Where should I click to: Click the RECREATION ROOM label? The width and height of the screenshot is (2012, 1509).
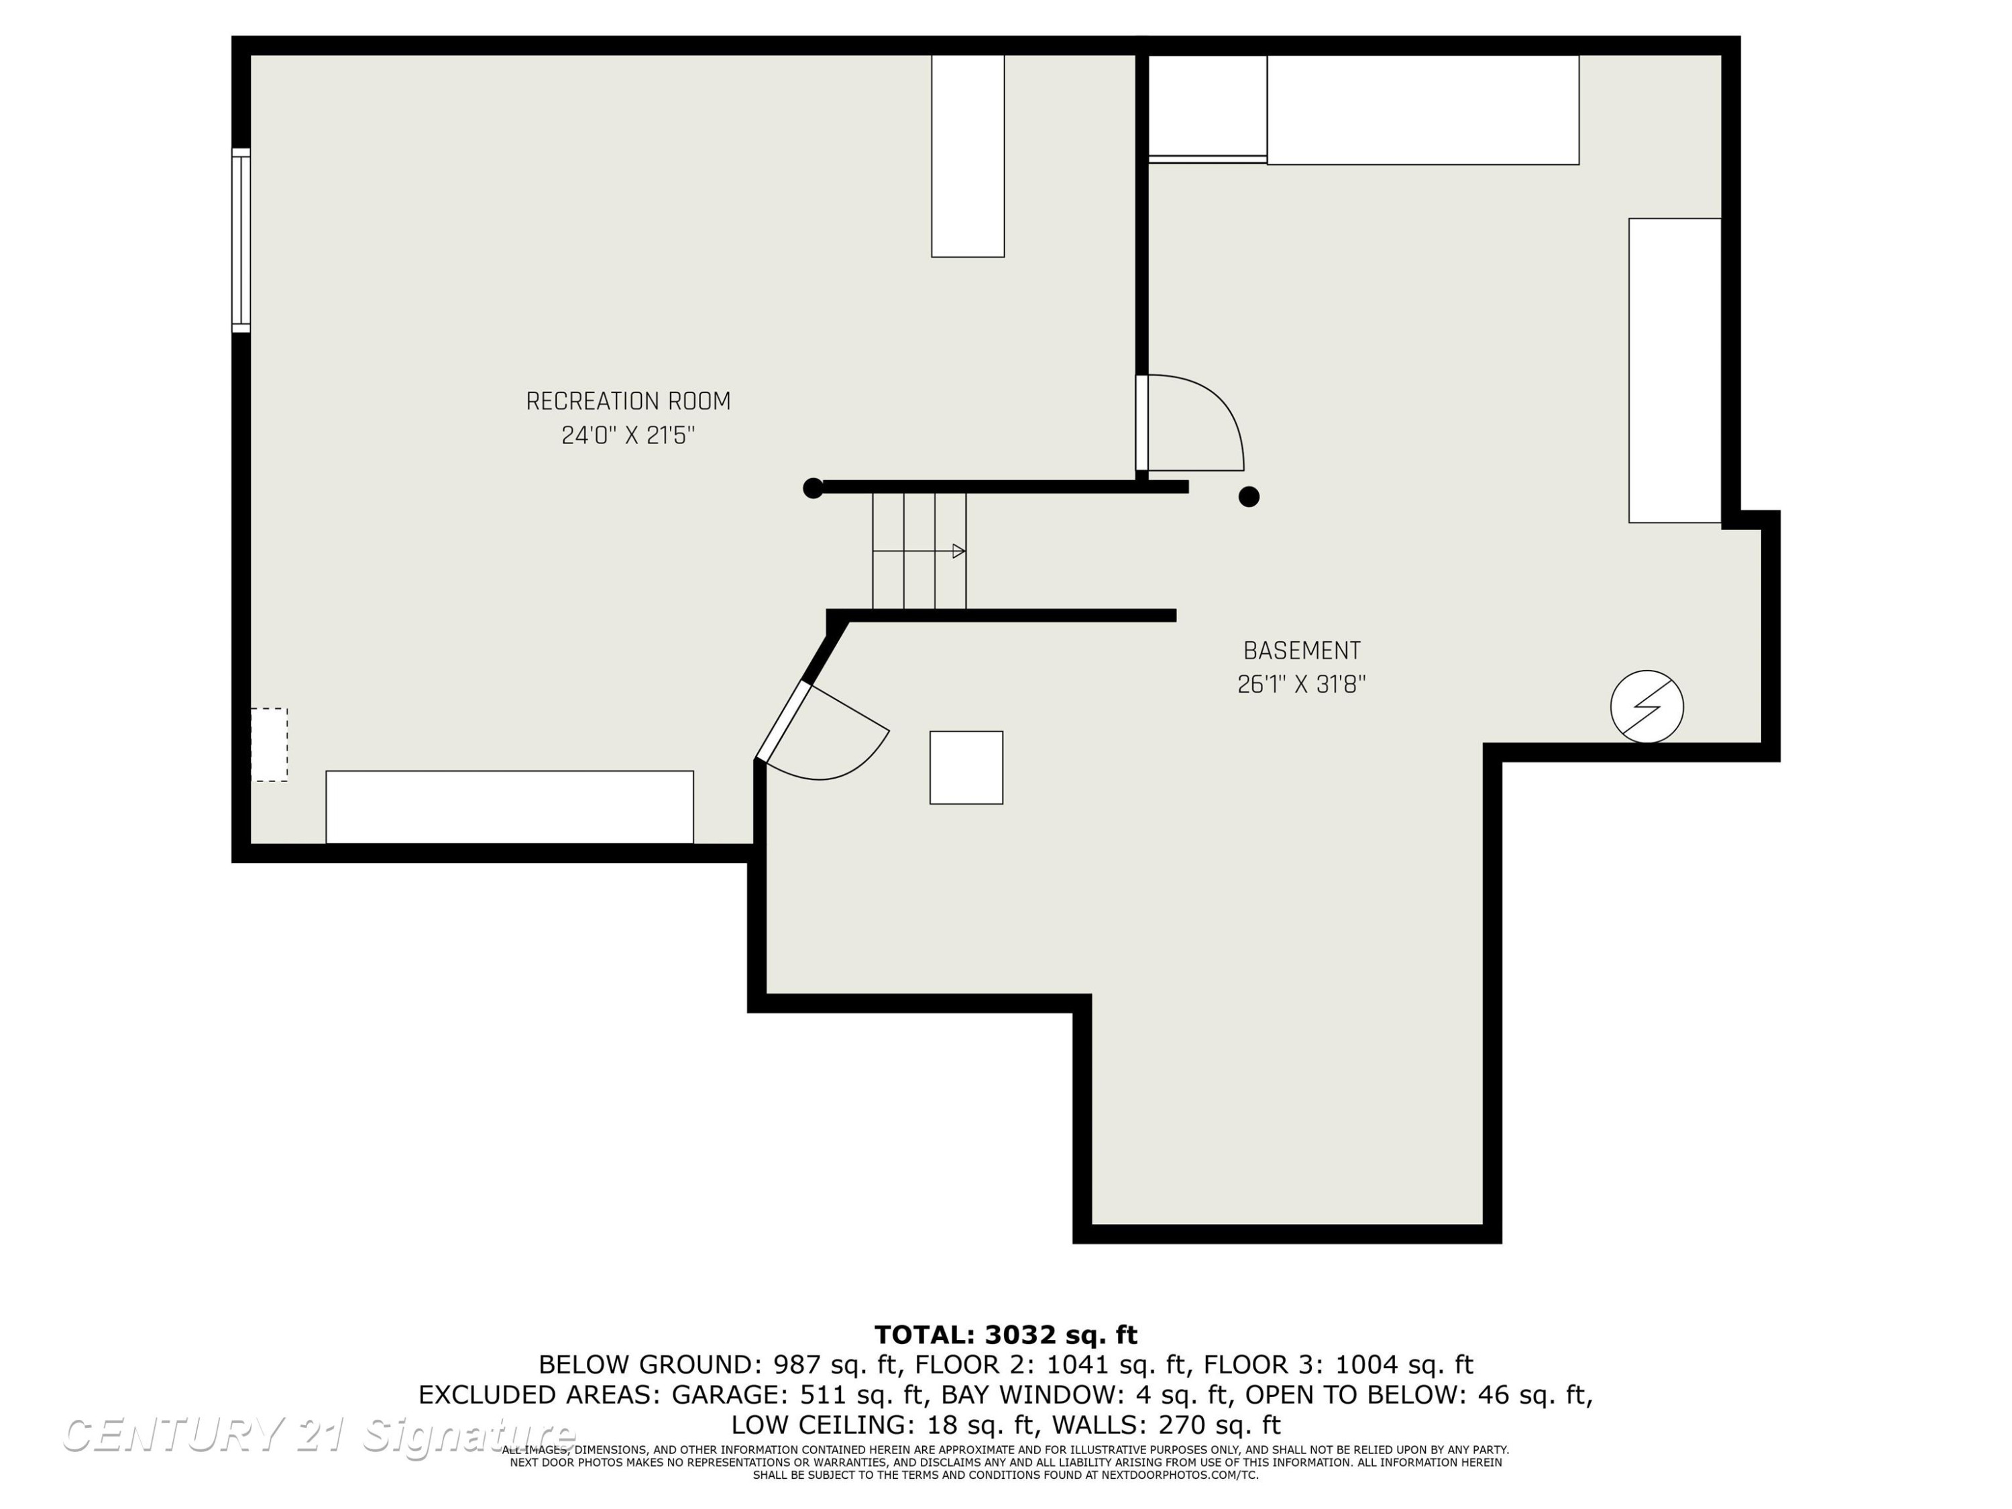(x=628, y=401)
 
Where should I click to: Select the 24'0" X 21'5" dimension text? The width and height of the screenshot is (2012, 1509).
(x=628, y=436)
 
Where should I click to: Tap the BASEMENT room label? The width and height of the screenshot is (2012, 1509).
(x=1302, y=651)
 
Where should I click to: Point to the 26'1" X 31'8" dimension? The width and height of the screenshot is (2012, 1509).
(x=1302, y=685)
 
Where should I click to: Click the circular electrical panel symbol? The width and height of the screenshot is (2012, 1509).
(x=1646, y=707)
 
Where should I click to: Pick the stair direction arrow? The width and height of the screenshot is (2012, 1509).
(x=919, y=551)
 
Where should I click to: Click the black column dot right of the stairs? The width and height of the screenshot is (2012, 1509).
(x=1249, y=497)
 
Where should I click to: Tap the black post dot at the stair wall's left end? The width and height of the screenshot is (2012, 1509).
(x=813, y=488)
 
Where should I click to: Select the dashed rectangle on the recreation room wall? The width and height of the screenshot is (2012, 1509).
(x=269, y=745)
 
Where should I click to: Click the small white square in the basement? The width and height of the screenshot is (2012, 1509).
(x=966, y=768)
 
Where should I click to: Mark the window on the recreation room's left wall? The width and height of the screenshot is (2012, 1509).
(x=241, y=240)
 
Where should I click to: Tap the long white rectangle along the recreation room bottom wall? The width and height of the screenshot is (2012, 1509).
(x=509, y=807)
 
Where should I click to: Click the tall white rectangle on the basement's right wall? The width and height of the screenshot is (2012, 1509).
(x=1675, y=371)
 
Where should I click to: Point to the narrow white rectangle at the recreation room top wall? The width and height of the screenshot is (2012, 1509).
(x=968, y=156)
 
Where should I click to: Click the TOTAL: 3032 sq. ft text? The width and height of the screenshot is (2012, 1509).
(x=1005, y=1335)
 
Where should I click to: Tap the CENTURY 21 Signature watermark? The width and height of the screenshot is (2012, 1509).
(x=319, y=1435)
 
